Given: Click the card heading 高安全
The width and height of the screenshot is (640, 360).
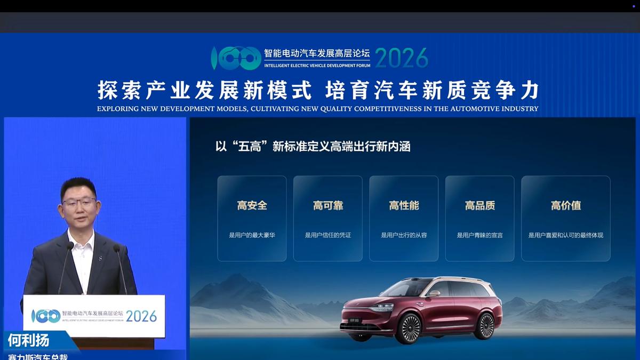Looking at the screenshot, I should (252, 205).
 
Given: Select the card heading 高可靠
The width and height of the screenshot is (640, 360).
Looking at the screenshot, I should (328, 205).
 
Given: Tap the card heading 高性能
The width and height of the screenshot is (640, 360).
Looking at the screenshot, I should (404, 205).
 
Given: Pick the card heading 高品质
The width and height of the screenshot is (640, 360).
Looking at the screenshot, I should (480, 205).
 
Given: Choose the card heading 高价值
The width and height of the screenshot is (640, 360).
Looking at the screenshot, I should (566, 205).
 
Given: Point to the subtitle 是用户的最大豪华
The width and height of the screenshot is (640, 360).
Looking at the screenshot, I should (252, 235).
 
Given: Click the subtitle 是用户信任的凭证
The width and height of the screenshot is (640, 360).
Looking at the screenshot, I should (328, 235).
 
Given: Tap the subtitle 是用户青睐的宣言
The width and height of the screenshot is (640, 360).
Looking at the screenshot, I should (480, 235).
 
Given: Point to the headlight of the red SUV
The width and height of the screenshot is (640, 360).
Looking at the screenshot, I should (382, 307).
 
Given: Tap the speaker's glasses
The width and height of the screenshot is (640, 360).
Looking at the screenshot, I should (79, 202).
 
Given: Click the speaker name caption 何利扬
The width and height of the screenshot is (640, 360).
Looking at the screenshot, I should (28, 340).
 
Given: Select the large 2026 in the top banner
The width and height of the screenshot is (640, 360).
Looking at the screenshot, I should (402, 58).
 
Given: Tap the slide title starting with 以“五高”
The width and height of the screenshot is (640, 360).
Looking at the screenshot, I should (313, 147).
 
